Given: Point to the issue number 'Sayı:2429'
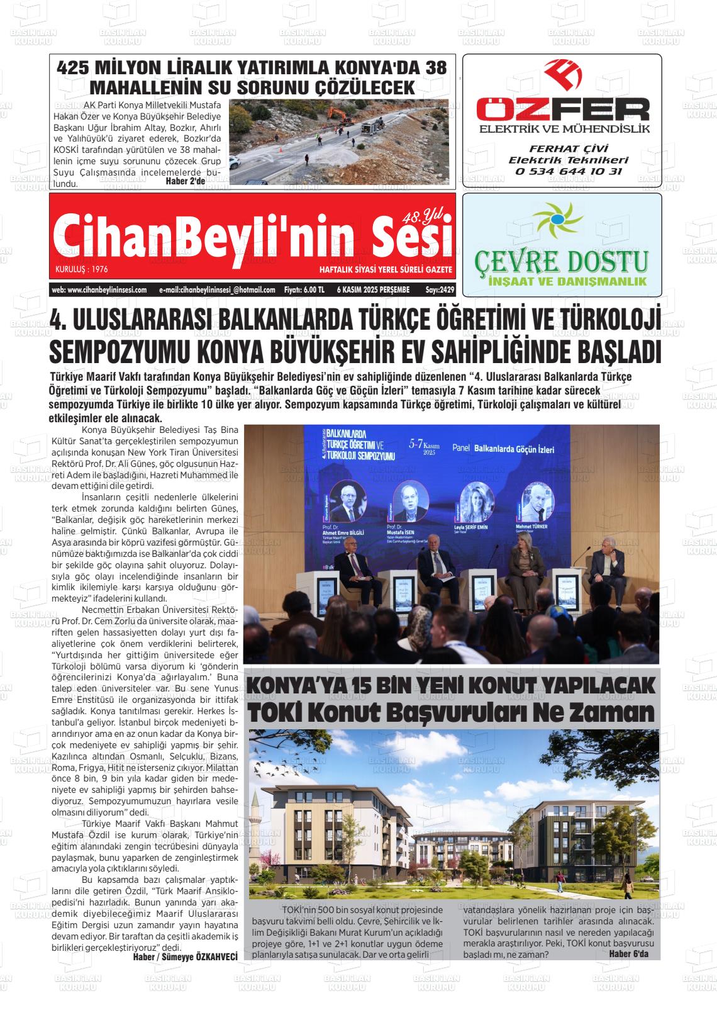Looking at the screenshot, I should pos(440,290).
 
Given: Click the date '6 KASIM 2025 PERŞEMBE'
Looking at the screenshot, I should pos(373,290).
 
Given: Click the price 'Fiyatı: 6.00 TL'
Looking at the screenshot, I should pos(304,290).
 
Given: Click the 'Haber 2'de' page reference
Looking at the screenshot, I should pos(185,181).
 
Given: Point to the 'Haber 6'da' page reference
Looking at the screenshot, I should pos(629,954).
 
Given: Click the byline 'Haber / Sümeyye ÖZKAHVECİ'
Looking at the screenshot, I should pos(185,957).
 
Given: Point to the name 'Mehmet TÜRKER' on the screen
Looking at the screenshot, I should pos(531,526).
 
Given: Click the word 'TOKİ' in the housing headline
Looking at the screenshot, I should pos(275,714).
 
